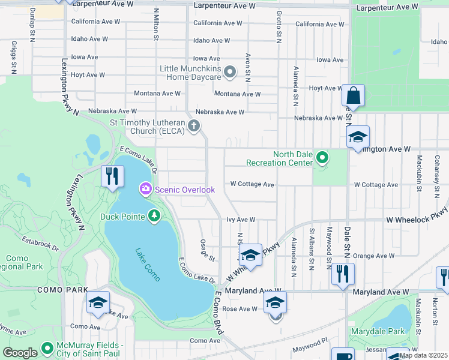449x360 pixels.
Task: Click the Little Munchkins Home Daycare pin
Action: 229,73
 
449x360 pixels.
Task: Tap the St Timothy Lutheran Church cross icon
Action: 193,126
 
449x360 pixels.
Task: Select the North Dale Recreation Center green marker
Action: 322,158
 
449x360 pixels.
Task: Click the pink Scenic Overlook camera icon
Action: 145,190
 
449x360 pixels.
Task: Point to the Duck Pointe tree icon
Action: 154,216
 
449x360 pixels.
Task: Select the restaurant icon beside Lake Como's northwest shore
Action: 112,176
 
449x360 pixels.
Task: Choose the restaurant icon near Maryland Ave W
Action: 342,274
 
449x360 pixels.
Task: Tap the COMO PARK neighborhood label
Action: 55,289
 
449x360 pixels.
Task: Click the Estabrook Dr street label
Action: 39,245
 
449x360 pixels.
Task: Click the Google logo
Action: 20,353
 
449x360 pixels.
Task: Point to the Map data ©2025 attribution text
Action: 423,355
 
